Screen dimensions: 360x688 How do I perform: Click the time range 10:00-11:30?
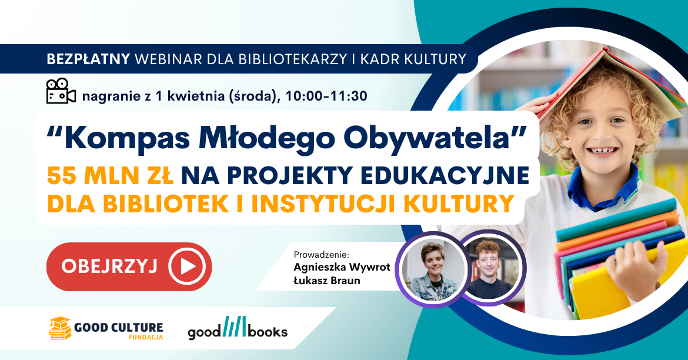326,95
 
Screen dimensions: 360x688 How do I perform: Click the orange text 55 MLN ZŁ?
110,175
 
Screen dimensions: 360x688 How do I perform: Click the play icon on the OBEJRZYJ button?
186,266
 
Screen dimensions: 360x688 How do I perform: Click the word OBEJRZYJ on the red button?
109,266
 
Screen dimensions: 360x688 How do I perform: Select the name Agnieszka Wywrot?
342,268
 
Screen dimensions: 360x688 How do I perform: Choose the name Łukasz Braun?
326,281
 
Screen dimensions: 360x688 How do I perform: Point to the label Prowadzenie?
321,255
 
